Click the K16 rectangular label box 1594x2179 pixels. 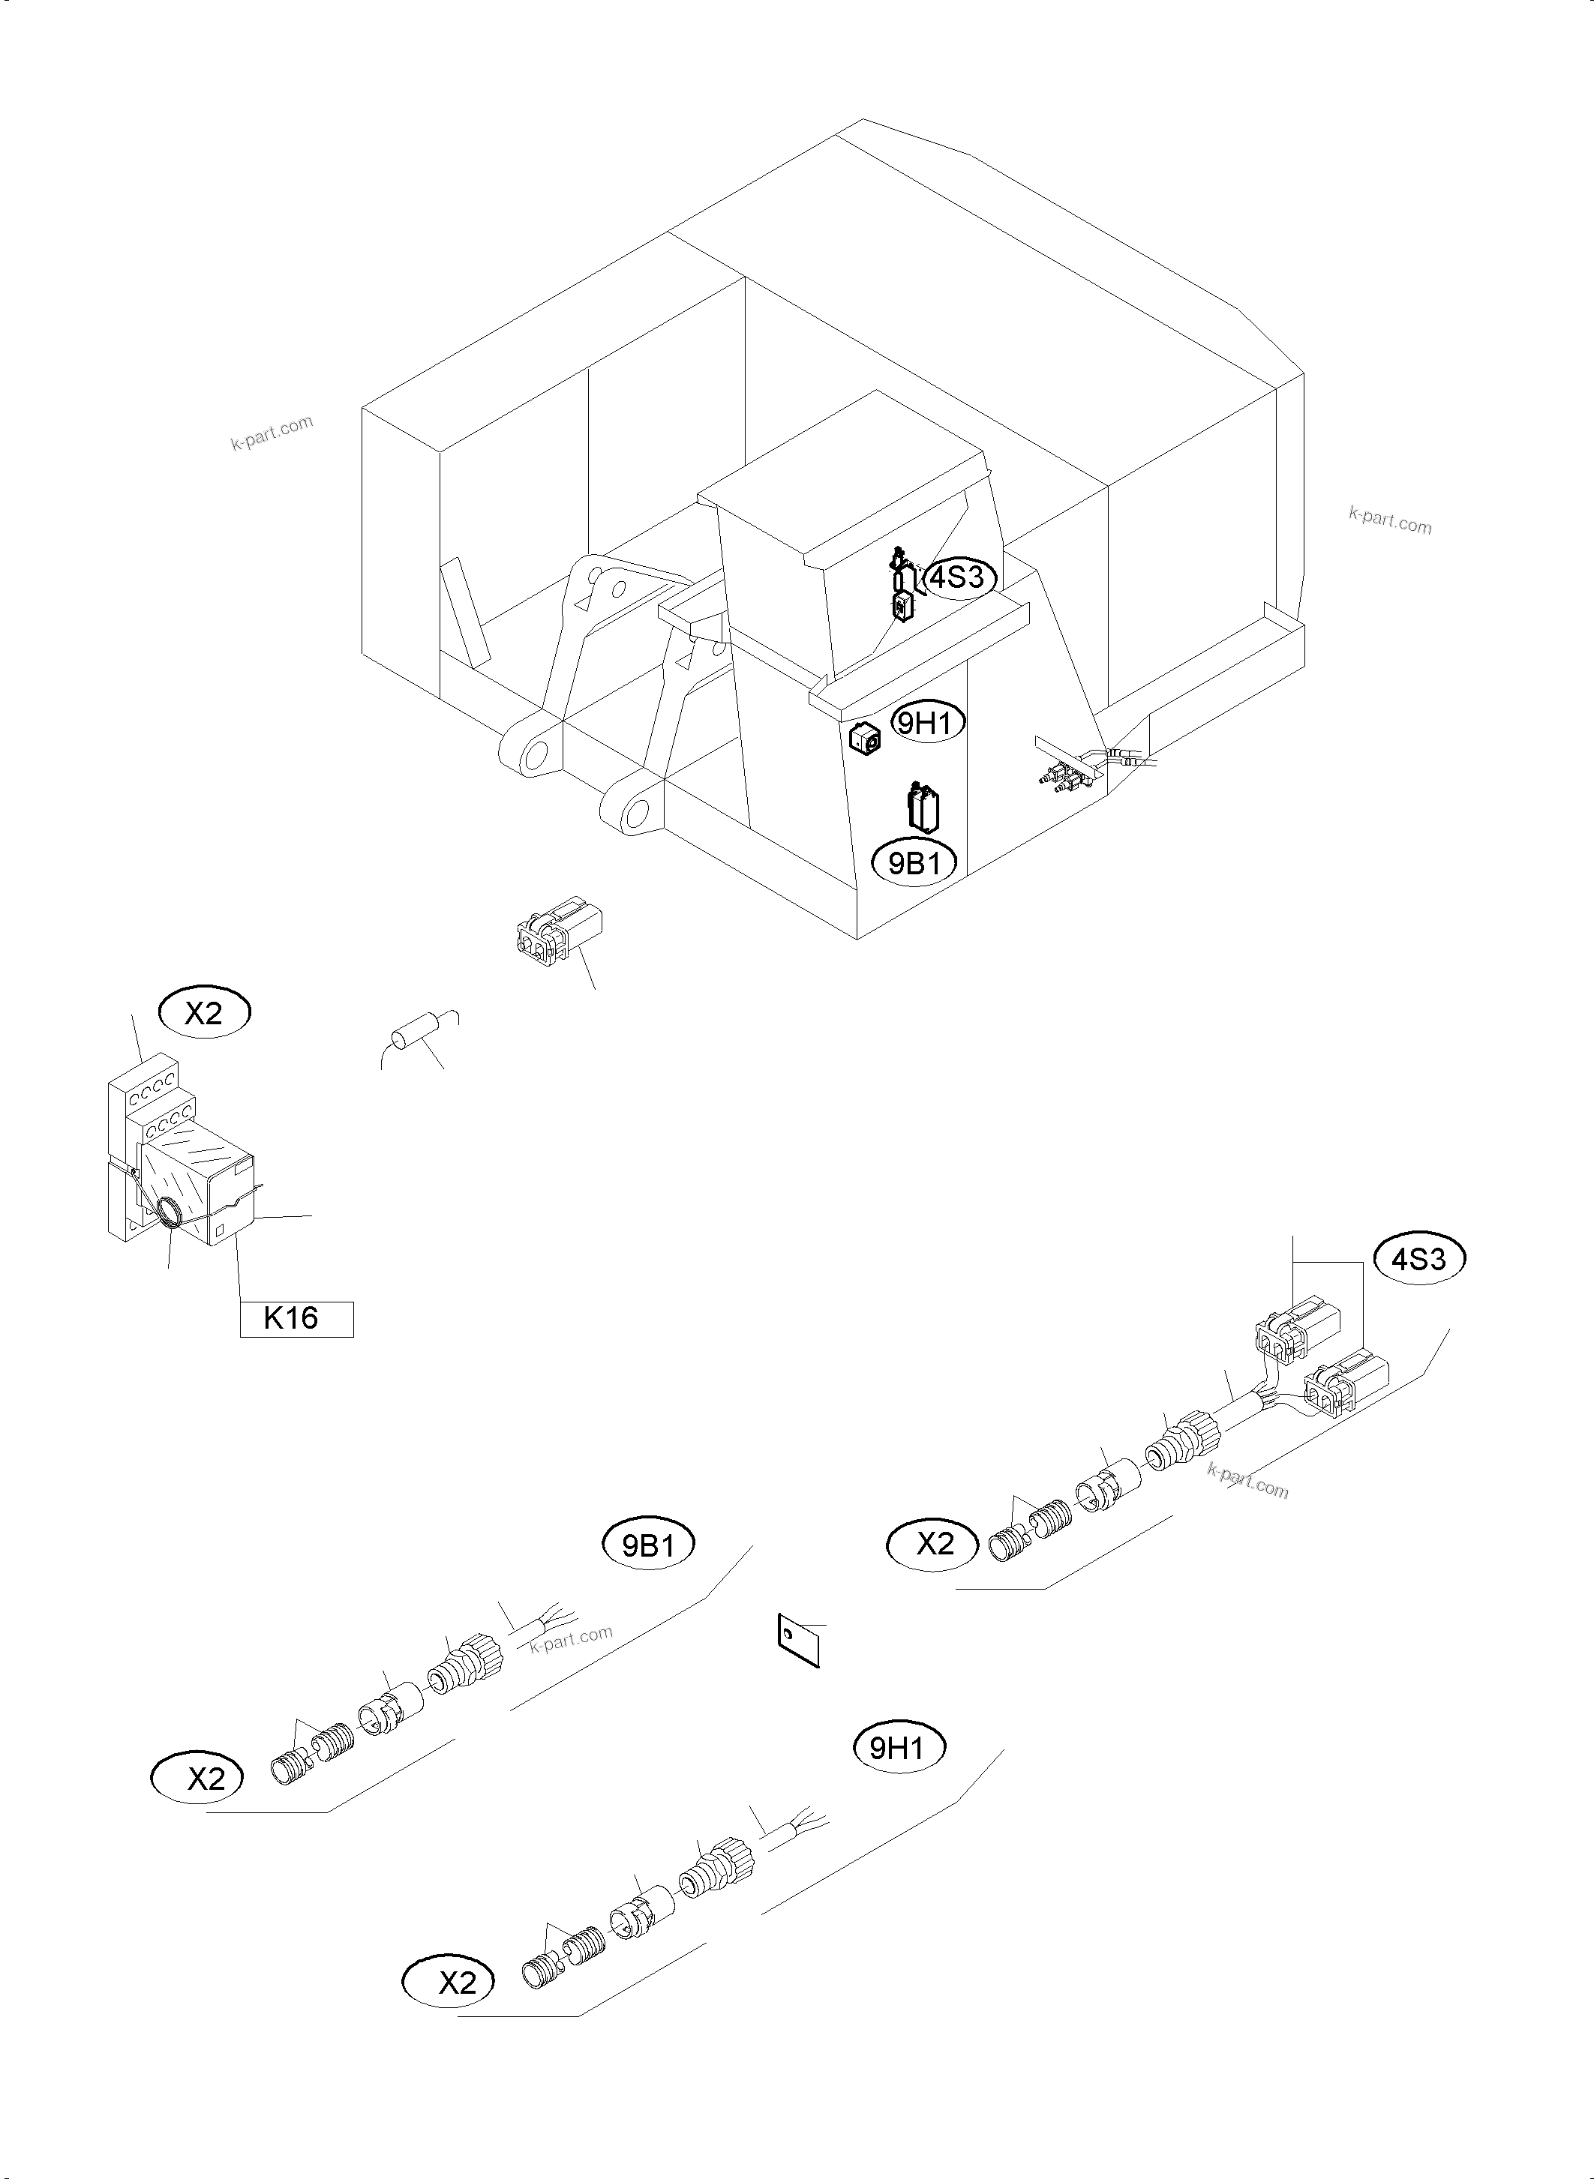pyautogui.click(x=296, y=1319)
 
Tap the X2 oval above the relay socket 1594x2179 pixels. pyautogui.click(x=203, y=1013)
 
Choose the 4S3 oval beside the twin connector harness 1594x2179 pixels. pyautogui.click(x=1419, y=1259)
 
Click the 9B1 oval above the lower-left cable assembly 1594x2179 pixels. pyautogui.click(x=647, y=1546)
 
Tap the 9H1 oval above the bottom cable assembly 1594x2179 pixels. pyautogui.click(x=897, y=1749)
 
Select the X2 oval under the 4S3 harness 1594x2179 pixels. pyautogui.click(x=933, y=1545)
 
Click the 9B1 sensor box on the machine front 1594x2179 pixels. pyautogui.click(x=923, y=808)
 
